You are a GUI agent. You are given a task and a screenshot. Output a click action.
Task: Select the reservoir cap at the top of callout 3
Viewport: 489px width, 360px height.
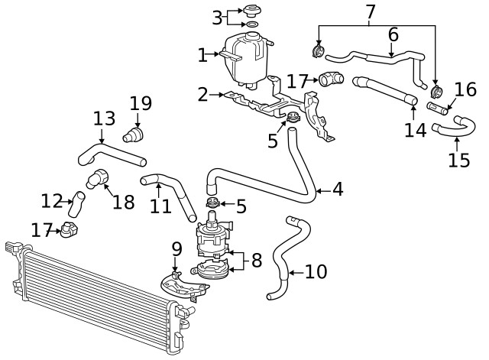point(251,11)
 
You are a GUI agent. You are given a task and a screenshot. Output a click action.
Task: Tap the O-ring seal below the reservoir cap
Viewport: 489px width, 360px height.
point(252,24)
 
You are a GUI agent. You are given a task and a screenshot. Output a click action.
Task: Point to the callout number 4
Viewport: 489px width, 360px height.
point(338,190)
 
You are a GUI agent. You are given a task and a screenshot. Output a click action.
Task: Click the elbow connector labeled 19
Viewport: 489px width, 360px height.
point(133,135)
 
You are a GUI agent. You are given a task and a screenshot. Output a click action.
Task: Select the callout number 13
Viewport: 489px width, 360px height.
point(105,119)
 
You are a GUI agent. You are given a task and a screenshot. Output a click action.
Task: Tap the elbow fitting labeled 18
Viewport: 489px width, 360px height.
point(97,178)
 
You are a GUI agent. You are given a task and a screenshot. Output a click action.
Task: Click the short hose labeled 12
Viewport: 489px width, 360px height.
point(76,204)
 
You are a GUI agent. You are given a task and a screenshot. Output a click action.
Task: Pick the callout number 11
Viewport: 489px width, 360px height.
point(160,206)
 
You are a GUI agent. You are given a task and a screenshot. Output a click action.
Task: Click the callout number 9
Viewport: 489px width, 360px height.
point(176,249)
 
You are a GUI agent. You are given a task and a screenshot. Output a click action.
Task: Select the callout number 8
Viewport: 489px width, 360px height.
point(257,260)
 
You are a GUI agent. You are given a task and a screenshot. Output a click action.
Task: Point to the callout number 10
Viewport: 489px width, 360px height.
point(316,271)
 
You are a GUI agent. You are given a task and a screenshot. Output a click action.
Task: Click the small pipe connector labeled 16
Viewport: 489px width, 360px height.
point(437,108)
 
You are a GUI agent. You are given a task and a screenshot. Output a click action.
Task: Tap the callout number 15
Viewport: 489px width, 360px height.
point(459,161)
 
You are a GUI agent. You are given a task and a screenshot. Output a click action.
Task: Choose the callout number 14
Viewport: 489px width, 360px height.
point(416,130)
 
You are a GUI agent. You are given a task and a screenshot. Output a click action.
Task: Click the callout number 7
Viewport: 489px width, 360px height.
point(370,12)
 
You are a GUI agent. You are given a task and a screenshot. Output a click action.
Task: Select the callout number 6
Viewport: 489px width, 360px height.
point(393,34)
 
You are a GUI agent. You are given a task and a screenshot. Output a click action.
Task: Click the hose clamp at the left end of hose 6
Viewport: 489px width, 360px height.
point(319,51)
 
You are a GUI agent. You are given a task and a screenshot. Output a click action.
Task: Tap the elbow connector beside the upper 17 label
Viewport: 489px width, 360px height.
point(331,79)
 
